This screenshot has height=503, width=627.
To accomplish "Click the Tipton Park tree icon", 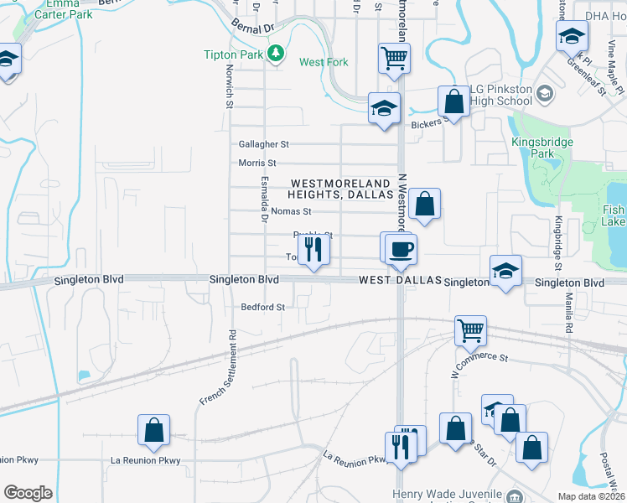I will coord(275,54).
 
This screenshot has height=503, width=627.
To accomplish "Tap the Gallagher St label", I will coord(263,144).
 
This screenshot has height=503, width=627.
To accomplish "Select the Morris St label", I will coord(257,163).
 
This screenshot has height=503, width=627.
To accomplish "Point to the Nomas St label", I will coord(290,211).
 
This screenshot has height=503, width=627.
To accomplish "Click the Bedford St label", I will coord(263,307).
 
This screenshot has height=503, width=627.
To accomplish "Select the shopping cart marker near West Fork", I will coord(393,58).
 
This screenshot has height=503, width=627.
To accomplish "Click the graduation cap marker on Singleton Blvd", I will coord(505,271).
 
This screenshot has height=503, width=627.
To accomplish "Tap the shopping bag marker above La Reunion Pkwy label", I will coord(154,429).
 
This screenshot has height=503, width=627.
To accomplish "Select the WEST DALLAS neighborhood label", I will coord(399,282).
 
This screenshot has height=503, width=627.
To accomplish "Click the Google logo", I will coord(28,492).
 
